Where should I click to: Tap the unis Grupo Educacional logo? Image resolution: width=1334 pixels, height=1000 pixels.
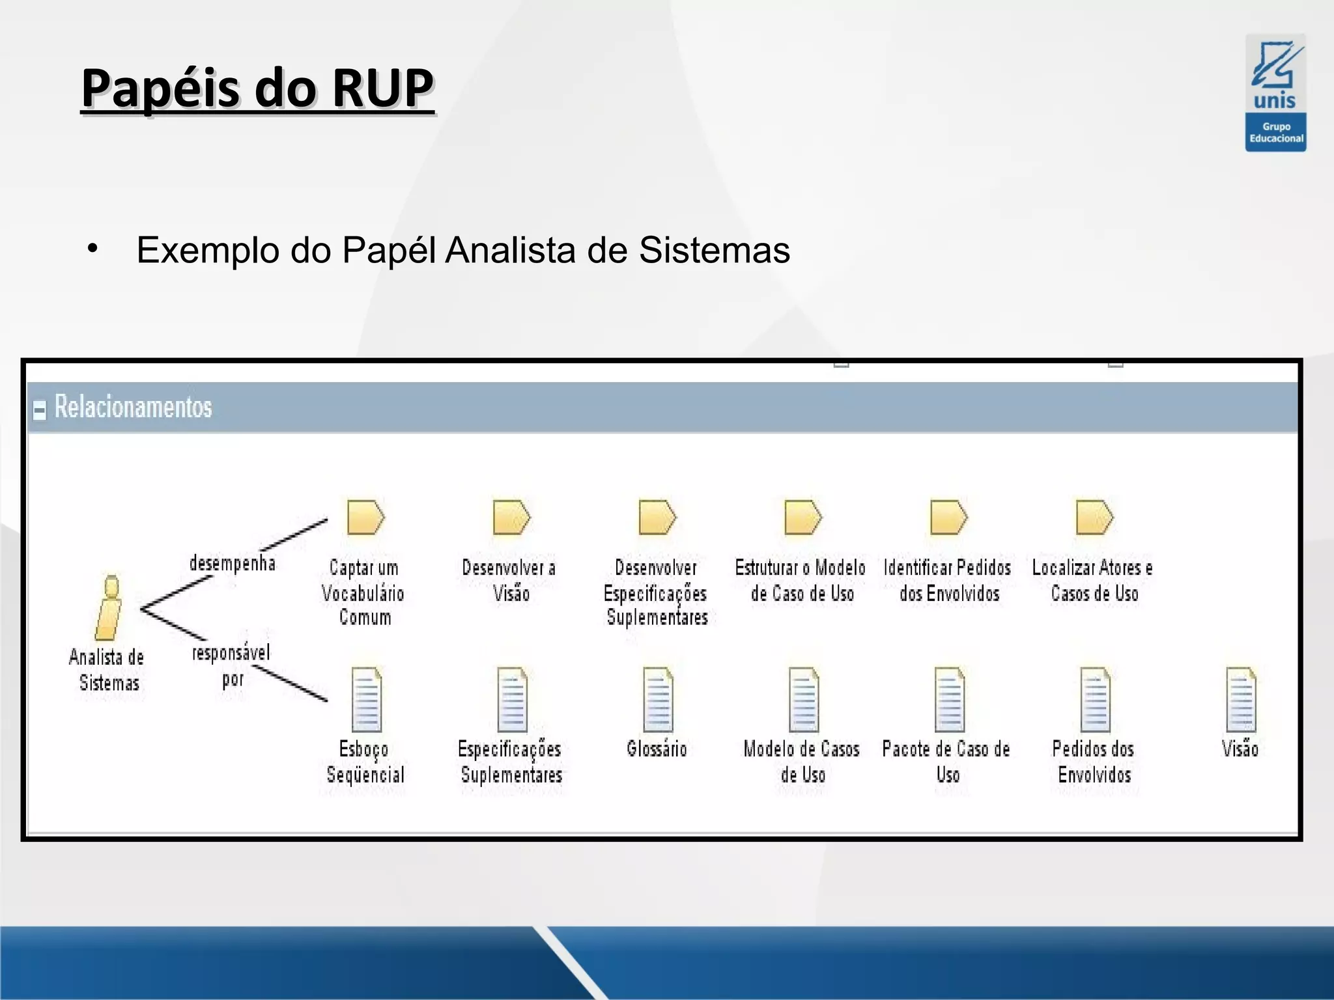click(1275, 93)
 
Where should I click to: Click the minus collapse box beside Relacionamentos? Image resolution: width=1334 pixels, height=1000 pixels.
click(40, 410)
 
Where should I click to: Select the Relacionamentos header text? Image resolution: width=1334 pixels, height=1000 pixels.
click(134, 407)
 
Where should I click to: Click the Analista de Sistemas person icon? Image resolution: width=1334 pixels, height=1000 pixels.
click(109, 608)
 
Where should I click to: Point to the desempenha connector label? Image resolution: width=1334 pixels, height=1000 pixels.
click(233, 563)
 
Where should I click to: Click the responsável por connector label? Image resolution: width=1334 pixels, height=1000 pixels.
click(231, 665)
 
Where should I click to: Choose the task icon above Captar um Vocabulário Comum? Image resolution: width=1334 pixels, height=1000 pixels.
click(365, 518)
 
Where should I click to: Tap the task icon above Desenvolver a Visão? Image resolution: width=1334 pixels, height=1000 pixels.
click(511, 518)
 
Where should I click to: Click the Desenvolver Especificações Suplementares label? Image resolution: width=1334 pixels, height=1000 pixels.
click(657, 592)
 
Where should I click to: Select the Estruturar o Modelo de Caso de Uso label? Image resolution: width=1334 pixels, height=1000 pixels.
click(801, 580)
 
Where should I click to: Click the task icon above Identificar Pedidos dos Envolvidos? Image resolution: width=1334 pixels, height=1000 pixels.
click(948, 518)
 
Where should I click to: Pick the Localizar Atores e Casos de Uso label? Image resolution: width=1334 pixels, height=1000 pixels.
click(1093, 580)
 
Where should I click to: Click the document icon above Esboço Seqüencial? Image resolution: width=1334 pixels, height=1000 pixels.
click(366, 700)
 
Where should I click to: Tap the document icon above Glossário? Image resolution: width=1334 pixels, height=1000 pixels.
click(657, 700)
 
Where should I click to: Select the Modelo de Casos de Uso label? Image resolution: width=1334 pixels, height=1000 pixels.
click(802, 762)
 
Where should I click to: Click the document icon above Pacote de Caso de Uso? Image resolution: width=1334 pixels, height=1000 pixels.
click(949, 700)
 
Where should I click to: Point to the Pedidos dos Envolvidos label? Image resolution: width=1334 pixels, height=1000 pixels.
click(1094, 762)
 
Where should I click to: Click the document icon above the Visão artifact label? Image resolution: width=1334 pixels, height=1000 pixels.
click(1241, 700)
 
